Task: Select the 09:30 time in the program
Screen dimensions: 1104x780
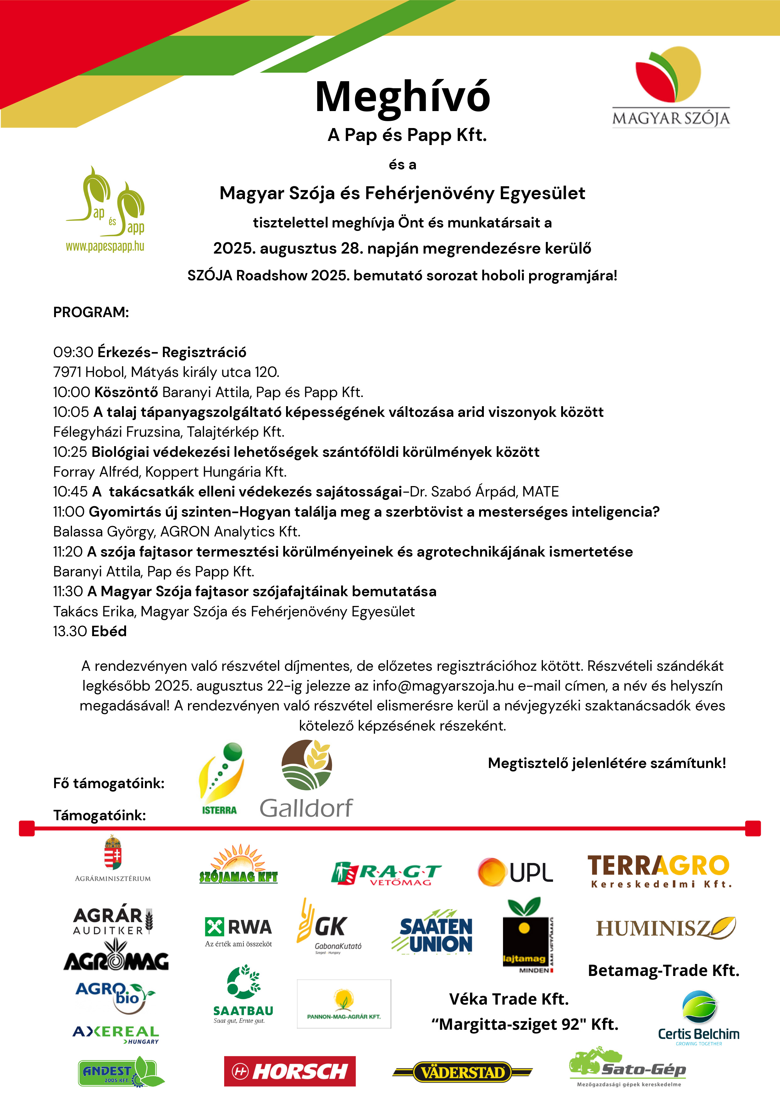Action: [73, 352]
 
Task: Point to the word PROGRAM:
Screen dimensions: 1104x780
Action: [91, 312]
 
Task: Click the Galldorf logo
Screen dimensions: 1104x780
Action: [307, 779]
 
